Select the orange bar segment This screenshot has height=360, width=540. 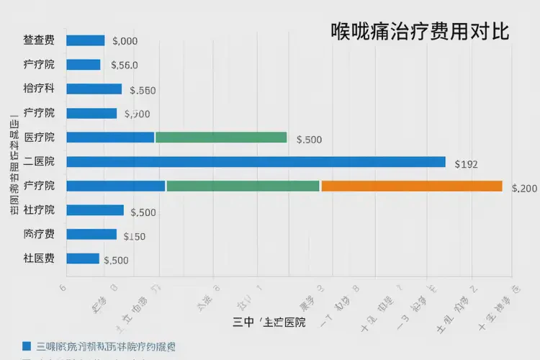[x=411, y=186]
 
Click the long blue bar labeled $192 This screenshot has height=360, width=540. [x=256, y=161]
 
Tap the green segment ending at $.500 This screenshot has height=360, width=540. [x=221, y=137]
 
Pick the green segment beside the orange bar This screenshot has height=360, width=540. [x=243, y=186]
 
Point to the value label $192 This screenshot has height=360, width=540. [x=466, y=164]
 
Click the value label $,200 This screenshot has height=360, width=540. [x=524, y=189]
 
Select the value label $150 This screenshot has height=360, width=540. [x=135, y=236]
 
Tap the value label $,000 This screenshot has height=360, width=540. [x=125, y=42]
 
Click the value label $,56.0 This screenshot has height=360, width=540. [x=125, y=66]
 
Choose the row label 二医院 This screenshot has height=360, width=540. [x=39, y=161]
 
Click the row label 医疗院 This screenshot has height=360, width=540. [x=39, y=137]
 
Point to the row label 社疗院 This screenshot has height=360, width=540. [x=39, y=210]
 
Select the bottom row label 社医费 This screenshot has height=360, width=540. [x=39, y=258]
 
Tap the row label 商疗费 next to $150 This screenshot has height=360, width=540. [x=39, y=234]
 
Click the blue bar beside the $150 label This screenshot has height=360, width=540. [x=91, y=234]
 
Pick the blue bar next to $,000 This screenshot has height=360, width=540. [x=85, y=40]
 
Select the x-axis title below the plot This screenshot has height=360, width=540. [x=269, y=322]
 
